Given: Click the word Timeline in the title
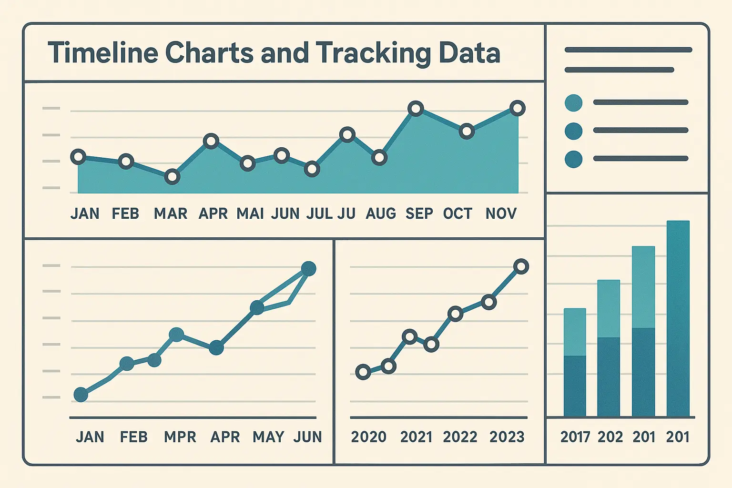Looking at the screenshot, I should click(x=102, y=52).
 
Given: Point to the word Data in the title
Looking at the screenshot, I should click(x=469, y=52).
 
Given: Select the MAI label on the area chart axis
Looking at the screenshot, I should click(x=250, y=213).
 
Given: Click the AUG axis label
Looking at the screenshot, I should click(x=380, y=213).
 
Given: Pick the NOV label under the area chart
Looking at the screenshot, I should click(x=501, y=213).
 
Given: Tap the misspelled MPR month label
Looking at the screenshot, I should click(x=180, y=437).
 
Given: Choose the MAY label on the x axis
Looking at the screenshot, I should click(x=268, y=437).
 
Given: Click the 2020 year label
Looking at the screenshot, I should click(x=368, y=437).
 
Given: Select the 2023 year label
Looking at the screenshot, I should click(x=507, y=437).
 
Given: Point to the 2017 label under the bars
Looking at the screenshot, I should click(x=575, y=437).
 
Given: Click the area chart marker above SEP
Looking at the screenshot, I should click(x=416, y=109).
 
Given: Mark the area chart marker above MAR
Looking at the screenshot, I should click(x=172, y=177).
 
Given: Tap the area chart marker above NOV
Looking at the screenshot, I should click(x=517, y=109).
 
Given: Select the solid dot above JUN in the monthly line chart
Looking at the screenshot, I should click(x=309, y=269).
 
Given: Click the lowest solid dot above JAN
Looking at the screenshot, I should click(x=81, y=395).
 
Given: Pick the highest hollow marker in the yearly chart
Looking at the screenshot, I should click(x=521, y=266).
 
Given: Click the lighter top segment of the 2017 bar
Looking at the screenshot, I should click(x=575, y=332).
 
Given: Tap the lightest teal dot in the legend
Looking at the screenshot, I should click(x=573, y=103).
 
